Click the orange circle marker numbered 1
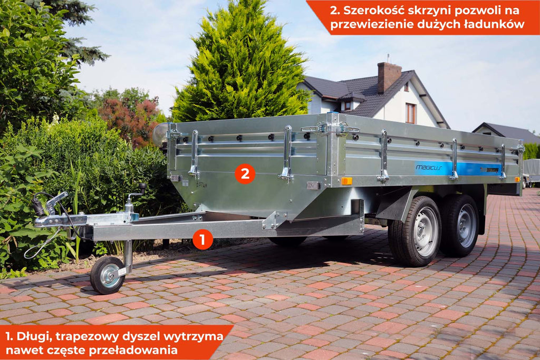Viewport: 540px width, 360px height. [202, 239]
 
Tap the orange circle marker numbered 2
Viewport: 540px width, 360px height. [245, 174]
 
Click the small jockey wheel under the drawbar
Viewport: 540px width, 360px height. [107, 275]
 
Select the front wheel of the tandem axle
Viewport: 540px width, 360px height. [416, 231]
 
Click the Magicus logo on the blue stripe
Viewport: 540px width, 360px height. [429, 168]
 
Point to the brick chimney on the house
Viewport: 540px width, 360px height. [389, 78]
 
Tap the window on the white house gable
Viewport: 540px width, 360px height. [410, 113]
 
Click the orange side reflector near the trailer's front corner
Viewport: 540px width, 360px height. [346, 181]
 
